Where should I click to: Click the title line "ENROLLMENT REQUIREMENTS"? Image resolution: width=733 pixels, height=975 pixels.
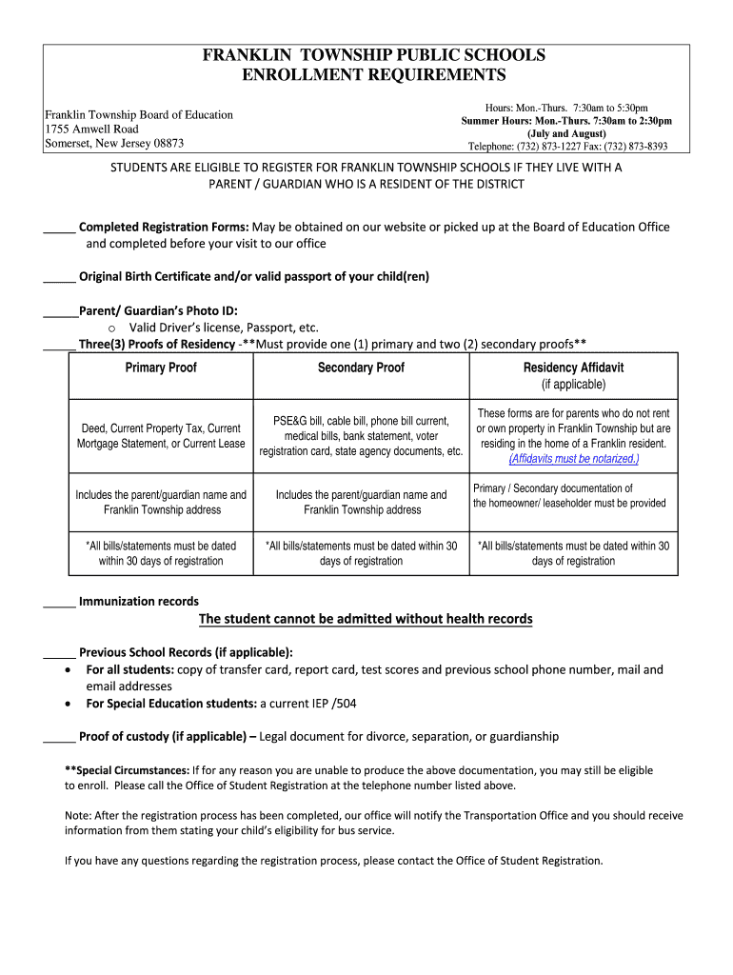(373, 75)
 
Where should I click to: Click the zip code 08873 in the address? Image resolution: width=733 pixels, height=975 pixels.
(162, 144)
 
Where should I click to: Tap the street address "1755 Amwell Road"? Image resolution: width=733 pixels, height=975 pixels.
(91, 129)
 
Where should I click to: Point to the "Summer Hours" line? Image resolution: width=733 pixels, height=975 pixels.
(566, 122)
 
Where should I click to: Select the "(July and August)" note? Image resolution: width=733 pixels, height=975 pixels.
(567, 134)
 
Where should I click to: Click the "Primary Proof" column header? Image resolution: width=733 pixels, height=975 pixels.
(161, 368)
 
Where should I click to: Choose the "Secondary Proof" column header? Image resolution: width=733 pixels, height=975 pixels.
(361, 368)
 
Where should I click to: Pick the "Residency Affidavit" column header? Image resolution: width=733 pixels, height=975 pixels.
(573, 368)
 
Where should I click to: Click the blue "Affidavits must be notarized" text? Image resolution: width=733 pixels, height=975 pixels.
(573, 459)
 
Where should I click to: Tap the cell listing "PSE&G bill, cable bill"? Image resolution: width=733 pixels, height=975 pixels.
(361, 435)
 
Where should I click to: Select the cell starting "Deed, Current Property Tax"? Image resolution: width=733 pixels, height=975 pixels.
(161, 436)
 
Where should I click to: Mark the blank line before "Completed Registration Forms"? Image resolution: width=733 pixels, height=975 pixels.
(59, 229)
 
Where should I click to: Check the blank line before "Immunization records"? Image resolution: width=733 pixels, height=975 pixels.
(59, 603)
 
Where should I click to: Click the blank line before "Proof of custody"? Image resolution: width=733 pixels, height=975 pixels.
(59, 738)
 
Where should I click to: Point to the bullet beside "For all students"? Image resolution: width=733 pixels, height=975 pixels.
(66, 670)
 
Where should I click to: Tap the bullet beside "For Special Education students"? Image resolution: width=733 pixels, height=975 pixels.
(66, 705)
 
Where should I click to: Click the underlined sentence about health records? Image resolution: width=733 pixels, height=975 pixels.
(366, 620)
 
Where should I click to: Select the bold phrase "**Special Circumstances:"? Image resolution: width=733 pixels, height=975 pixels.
(127, 770)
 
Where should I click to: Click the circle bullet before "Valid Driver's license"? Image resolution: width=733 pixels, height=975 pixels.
(112, 328)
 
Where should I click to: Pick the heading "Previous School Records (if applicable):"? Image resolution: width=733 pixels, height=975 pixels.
(186, 653)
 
